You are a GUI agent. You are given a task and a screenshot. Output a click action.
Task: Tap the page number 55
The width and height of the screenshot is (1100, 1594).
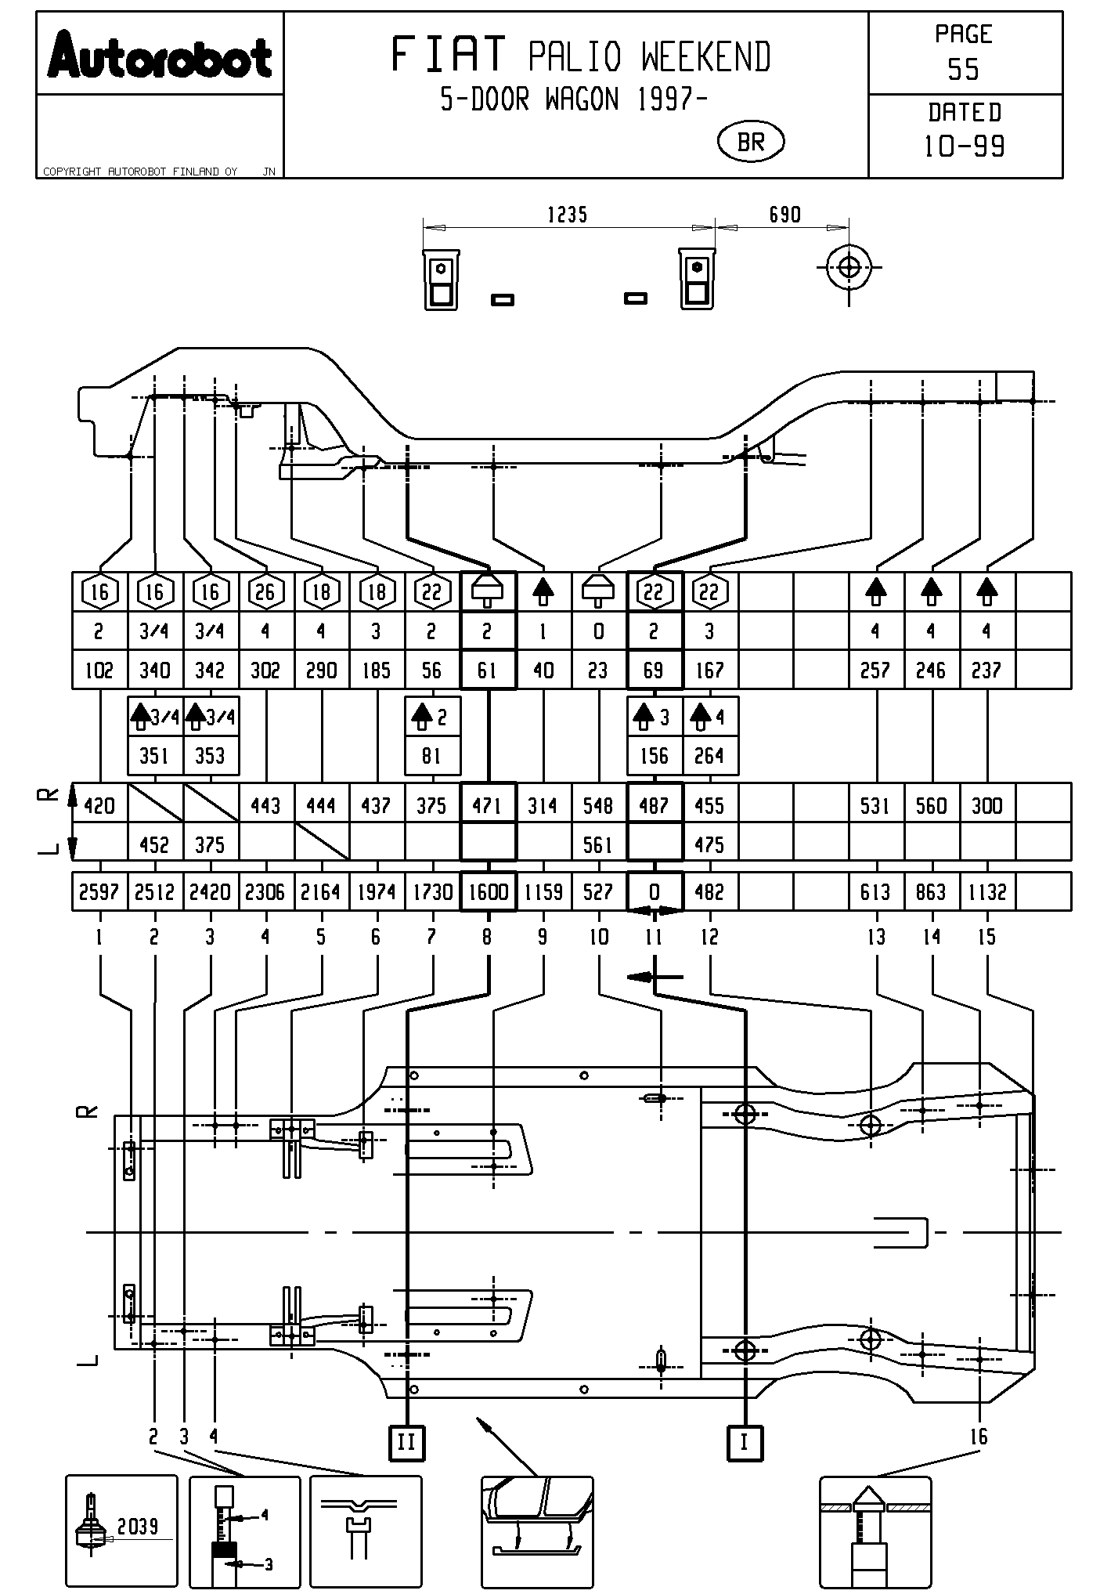pos(963,70)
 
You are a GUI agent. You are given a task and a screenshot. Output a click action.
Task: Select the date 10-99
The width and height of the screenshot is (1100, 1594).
pos(965,146)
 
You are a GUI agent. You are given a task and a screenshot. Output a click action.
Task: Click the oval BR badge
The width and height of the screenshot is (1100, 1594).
pos(751,142)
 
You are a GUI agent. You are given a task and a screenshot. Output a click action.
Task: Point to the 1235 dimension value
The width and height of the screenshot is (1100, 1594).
pos(567,215)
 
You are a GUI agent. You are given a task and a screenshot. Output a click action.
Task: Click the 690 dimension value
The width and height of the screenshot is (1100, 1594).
pos(784,215)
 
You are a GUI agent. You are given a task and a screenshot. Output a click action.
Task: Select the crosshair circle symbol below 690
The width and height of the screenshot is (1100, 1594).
pos(849,267)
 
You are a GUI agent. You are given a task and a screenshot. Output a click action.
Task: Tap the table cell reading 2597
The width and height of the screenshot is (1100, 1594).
pos(99,892)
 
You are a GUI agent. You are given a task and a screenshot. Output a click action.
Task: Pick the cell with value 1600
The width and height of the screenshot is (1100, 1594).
pos(489,892)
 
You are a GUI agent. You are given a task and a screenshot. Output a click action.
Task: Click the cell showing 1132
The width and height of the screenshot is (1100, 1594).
pos(987,892)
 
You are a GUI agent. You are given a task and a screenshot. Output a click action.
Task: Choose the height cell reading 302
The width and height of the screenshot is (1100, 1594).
pos(265,670)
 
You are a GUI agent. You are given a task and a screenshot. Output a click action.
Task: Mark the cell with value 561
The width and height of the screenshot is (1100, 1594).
pos(598,845)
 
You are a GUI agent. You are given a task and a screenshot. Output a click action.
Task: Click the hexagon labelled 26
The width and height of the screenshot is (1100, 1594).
pos(265,592)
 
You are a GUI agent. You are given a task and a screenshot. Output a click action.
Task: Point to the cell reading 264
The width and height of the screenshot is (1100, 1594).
pos(710,756)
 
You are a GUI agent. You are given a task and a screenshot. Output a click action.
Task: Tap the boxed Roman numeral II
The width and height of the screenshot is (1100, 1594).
pos(407,1442)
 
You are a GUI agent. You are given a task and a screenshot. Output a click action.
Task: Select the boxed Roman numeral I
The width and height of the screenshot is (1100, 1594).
pos(745,1442)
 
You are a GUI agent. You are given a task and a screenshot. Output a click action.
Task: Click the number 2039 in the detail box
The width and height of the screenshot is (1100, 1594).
pos(138,1526)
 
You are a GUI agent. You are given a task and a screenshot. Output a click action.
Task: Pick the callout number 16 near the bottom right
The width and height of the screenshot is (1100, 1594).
pos(979,1437)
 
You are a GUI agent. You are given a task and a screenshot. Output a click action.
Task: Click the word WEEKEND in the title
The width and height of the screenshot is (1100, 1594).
pos(706,57)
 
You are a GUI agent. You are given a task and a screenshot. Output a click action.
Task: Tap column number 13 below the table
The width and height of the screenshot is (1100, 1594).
pos(876,937)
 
